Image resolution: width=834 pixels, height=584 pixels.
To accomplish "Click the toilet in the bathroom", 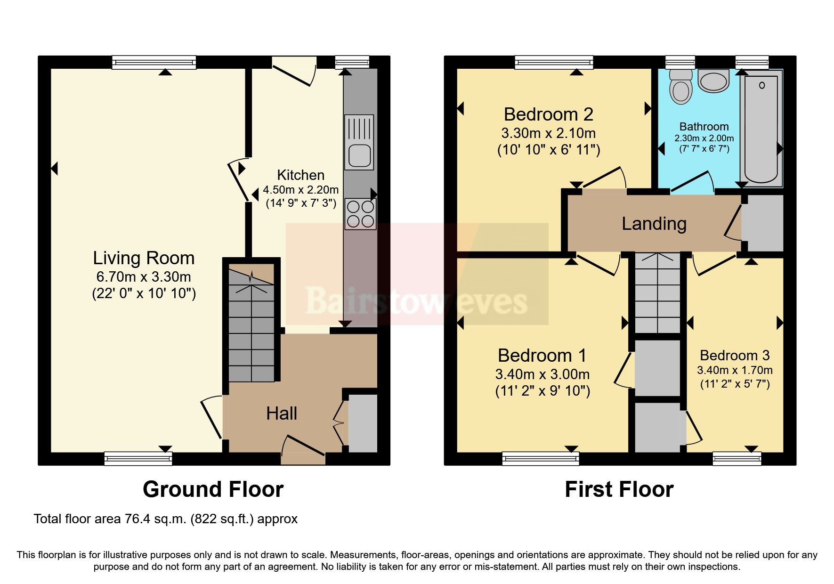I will point(681,88).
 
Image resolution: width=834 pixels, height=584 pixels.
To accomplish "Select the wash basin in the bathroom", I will point(713,81).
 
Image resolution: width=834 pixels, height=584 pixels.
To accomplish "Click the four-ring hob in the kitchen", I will point(360,214).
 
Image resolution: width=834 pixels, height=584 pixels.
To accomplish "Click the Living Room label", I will point(144,258).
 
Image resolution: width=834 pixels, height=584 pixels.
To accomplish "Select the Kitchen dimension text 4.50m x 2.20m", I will point(300,190).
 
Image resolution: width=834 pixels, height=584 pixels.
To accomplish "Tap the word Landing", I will point(654,224).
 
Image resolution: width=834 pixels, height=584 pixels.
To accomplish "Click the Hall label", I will point(282,414).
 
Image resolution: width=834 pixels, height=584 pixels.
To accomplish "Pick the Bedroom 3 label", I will point(734,356).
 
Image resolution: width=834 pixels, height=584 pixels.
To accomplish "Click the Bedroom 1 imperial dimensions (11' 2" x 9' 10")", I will point(542,391).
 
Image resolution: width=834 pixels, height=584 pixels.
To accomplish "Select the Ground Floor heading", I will point(213,489).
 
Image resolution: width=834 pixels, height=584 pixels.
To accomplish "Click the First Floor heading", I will point(619,489).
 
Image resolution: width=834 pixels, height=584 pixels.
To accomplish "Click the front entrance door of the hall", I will point(303,450).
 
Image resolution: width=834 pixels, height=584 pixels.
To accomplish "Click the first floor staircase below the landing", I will point(657,294).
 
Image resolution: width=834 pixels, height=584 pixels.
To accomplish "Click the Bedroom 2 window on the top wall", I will point(554,62).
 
